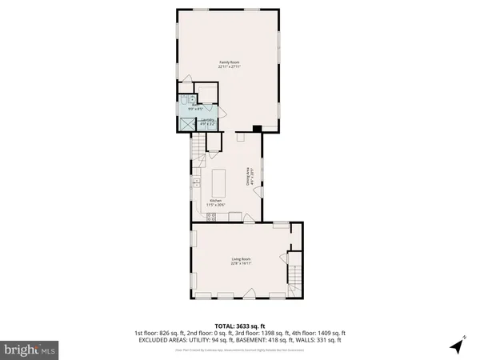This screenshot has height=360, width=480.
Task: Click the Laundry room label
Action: (206, 121)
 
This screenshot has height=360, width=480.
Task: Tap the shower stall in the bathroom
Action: (187, 124)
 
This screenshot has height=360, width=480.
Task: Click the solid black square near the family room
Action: (255, 128)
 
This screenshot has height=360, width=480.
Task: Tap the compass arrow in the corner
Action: (456, 346)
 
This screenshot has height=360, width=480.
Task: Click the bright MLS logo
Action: (30, 349)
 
